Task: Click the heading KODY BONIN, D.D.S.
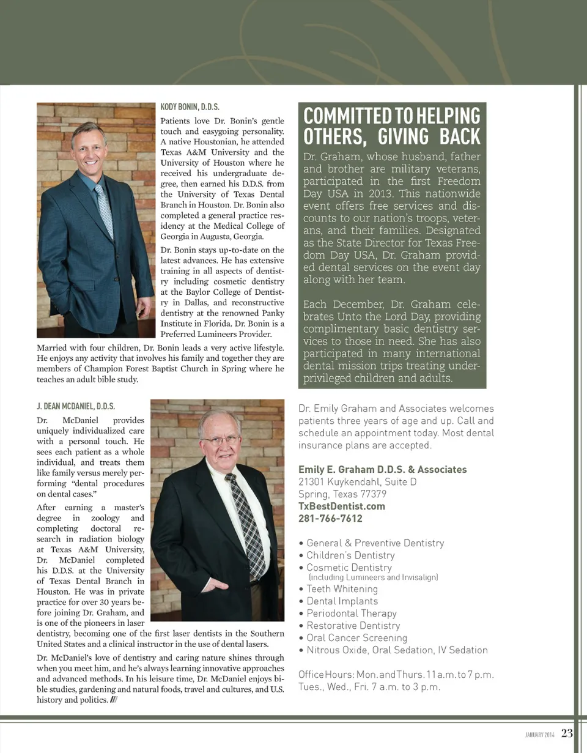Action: coord(190,106)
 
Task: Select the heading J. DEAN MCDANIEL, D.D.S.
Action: coord(76,406)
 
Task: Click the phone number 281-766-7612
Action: coord(330,518)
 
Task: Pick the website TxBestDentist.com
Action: coord(342,506)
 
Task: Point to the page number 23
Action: coord(567,733)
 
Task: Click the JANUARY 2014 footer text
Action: coord(540,734)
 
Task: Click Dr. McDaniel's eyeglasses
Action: coord(221,439)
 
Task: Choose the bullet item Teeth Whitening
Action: coord(342,588)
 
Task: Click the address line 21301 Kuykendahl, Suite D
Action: coord(358,481)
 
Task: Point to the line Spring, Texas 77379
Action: coord(342,494)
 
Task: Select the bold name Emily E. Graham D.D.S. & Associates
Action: coord(382,469)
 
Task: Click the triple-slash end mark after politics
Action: coord(113,700)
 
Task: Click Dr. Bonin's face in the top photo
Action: coord(89,147)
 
